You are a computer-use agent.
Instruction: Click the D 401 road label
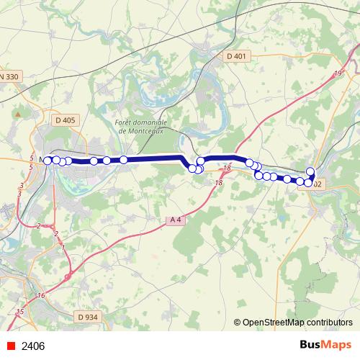pyautogui.click(x=236, y=56)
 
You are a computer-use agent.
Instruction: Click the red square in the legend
pyautogui.click(x=11, y=346)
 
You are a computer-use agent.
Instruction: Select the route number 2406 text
pyautogui.click(x=33, y=346)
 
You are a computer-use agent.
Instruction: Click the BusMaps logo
pyautogui.click(x=325, y=345)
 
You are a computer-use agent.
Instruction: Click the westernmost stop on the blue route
pyautogui.click(x=48, y=160)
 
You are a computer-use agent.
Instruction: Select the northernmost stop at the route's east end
pyautogui.click(x=311, y=171)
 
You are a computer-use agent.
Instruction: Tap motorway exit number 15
pyautogui.click(x=19, y=311)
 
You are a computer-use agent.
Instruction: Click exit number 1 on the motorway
pyautogui.click(x=63, y=248)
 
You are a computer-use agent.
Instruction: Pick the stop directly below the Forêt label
pyautogui.click(x=124, y=160)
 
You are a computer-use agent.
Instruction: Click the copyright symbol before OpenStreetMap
pyautogui.click(x=238, y=323)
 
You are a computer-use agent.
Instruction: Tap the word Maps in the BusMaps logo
pyautogui.click(x=336, y=345)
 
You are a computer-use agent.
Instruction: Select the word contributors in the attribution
pyautogui.click(x=322, y=323)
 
